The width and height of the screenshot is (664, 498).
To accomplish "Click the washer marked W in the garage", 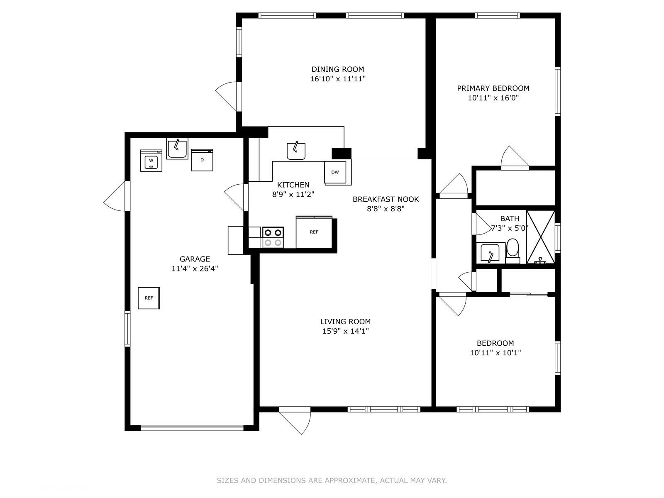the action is (x=151, y=160).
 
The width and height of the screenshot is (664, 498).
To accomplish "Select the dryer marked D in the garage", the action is (x=202, y=160).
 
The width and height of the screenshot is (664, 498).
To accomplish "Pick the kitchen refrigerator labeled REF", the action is (x=314, y=232).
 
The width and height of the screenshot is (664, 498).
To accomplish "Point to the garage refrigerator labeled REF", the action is (x=149, y=298).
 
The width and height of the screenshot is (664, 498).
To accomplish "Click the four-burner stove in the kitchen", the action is (x=273, y=237).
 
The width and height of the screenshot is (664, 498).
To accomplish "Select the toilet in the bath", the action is (x=513, y=251).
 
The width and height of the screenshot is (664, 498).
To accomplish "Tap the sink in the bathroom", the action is (x=490, y=253).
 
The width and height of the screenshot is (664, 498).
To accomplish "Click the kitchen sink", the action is (x=296, y=151).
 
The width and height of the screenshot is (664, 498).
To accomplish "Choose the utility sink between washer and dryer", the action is (x=177, y=149).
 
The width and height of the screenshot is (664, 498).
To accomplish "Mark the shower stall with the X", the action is (x=541, y=237).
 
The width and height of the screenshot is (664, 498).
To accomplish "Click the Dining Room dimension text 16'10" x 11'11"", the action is (x=338, y=79).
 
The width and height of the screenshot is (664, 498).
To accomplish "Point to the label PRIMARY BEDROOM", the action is (x=493, y=88).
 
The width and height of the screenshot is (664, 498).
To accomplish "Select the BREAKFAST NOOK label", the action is (x=386, y=199).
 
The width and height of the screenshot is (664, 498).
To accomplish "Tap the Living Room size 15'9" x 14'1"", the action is (x=345, y=331).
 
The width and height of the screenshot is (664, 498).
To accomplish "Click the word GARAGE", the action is (x=195, y=259).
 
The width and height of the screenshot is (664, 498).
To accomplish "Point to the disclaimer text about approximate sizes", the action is (x=332, y=481).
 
